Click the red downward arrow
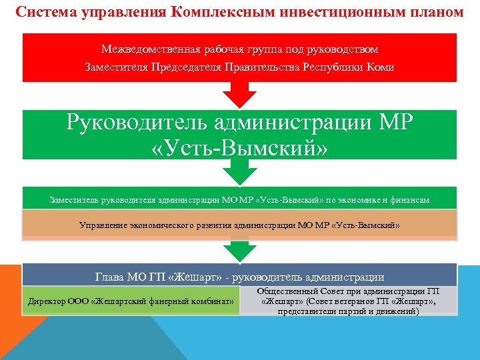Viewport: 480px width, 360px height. coord(239,95)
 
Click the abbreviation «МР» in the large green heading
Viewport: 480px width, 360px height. coord(393,123)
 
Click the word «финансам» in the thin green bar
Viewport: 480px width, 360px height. coord(409,199)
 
